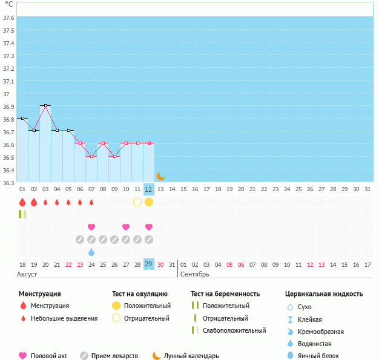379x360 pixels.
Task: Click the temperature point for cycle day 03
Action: (45, 105)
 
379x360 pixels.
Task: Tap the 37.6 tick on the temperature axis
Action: (8, 18)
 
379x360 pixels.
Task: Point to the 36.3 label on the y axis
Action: (8, 183)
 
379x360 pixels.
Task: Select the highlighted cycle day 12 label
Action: (149, 189)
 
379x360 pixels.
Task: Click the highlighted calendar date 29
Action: (149, 264)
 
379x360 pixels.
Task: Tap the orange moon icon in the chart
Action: (160, 176)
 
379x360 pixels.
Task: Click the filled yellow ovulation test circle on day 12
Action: (149, 202)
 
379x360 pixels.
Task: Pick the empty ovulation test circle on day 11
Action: (137, 202)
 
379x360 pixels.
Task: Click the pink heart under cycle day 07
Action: (91, 227)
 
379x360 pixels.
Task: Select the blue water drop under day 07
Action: (91, 252)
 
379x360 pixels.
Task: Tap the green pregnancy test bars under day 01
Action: (22, 214)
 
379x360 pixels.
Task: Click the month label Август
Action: (28, 274)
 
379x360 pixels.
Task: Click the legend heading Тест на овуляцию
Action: (140, 294)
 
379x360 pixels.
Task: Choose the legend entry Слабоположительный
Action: (234, 330)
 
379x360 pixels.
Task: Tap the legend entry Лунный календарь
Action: (191, 356)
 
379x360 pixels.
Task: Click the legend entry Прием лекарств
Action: (114, 356)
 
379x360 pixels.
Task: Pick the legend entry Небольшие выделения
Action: (64, 318)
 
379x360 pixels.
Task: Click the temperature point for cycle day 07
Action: (91, 156)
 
